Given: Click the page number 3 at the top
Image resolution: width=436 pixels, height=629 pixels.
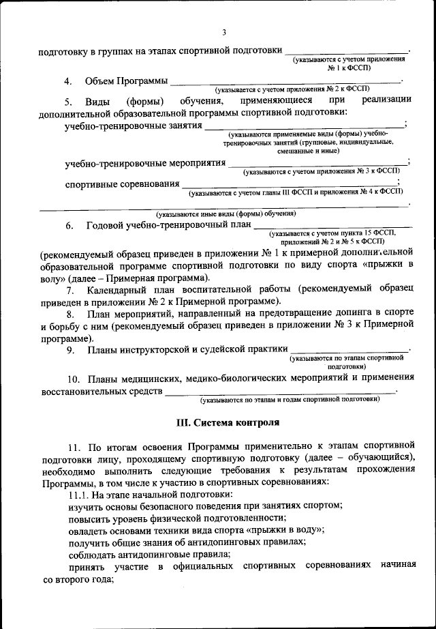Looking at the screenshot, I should coord(223,31).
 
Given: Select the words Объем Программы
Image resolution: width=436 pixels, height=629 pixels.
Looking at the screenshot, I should coord(126,81).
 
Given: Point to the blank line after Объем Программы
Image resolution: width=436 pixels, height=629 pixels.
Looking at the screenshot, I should coord(286,83).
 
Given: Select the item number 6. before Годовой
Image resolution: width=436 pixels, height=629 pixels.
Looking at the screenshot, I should coord(69,226).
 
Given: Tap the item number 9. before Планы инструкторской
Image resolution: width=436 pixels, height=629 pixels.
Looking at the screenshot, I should coord(69,351).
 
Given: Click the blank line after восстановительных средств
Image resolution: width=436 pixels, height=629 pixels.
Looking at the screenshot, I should coord(279,393).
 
